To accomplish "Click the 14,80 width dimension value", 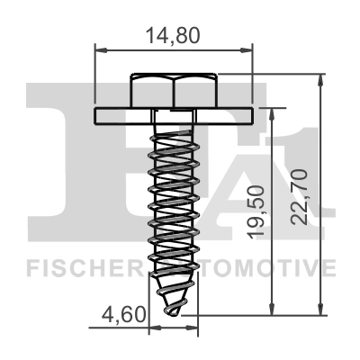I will (174, 36).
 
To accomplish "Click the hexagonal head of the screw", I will (175, 91).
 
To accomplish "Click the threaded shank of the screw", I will (175, 198).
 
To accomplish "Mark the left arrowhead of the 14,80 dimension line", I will (99, 52).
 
